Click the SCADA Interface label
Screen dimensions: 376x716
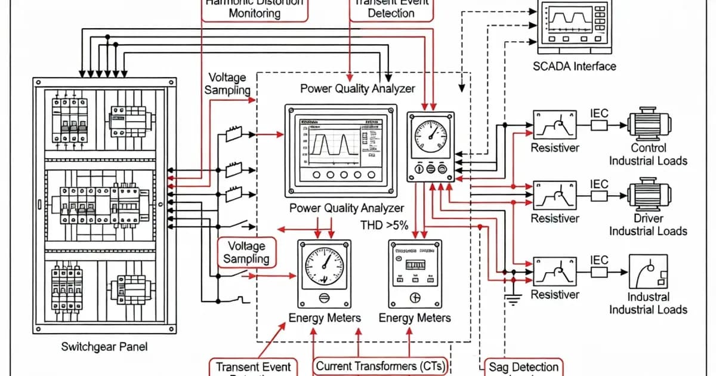[x=574, y=66]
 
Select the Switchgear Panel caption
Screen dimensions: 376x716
[x=104, y=347]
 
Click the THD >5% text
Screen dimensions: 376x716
[x=385, y=225]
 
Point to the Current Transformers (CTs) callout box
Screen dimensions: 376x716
[x=381, y=366]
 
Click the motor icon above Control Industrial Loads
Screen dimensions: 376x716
[x=649, y=124]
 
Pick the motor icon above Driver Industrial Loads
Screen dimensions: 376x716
[x=649, y=194]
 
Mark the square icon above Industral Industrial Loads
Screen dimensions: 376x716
[x=648, y=272]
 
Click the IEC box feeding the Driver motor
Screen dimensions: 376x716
[x=598, y=195]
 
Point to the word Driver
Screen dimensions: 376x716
[x=648, y=218]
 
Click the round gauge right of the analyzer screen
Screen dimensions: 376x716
[x=431, y=137]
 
